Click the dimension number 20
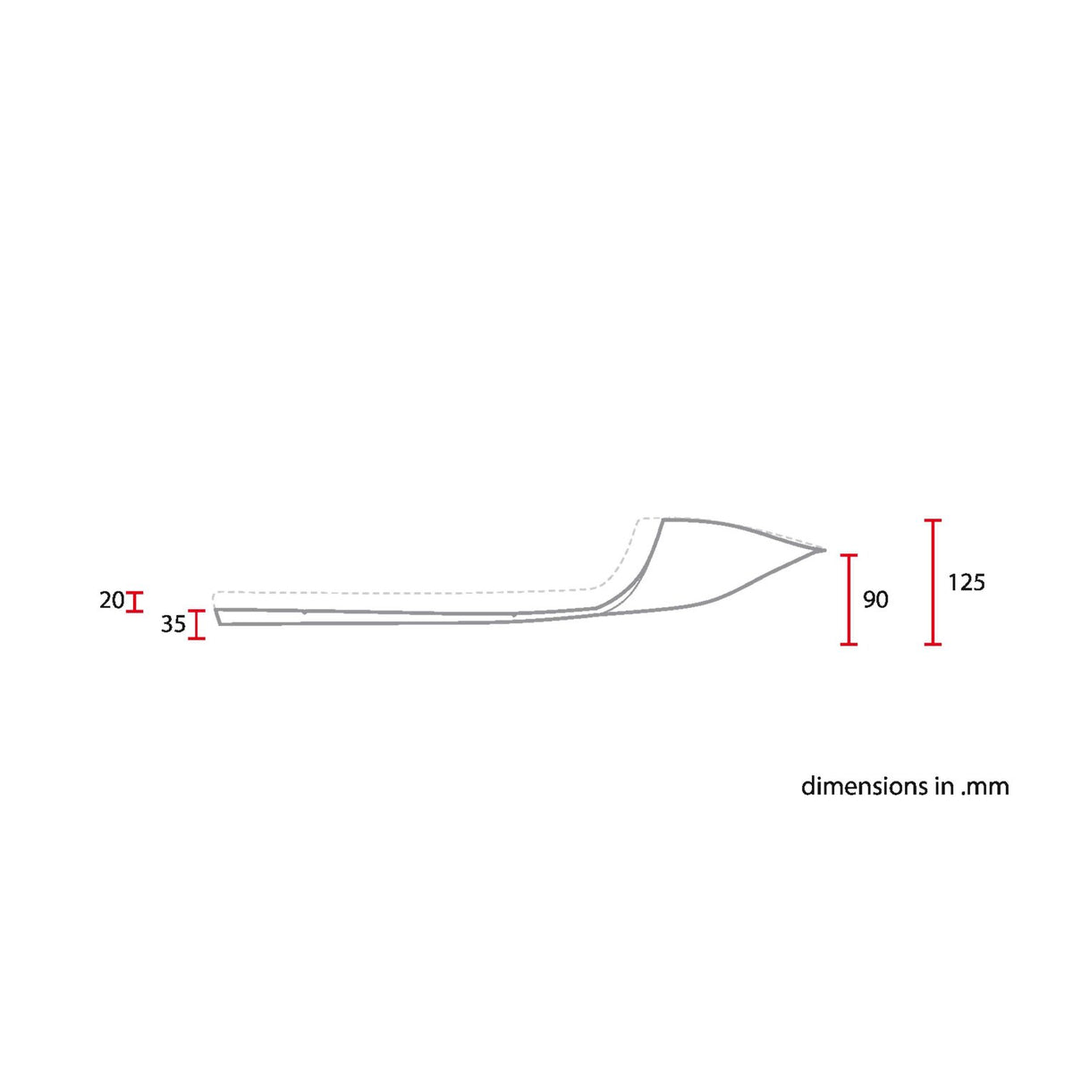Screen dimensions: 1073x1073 click(x=112, y=600)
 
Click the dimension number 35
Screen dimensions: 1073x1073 click(x=173, y=625)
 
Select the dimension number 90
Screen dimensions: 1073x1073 click(x=876, y=600)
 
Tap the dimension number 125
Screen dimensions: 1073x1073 click(x=967, y=582)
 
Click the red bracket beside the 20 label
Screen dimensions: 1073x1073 click(x=134, y=602)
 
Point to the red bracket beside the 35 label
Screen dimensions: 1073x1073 click(x=197, y=624)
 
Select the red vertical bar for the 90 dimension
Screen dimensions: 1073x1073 click(x=849, y=599)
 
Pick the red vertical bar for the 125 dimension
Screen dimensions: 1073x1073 click(x=933, y=582)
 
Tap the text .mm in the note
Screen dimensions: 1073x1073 click(x=984, y=788)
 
